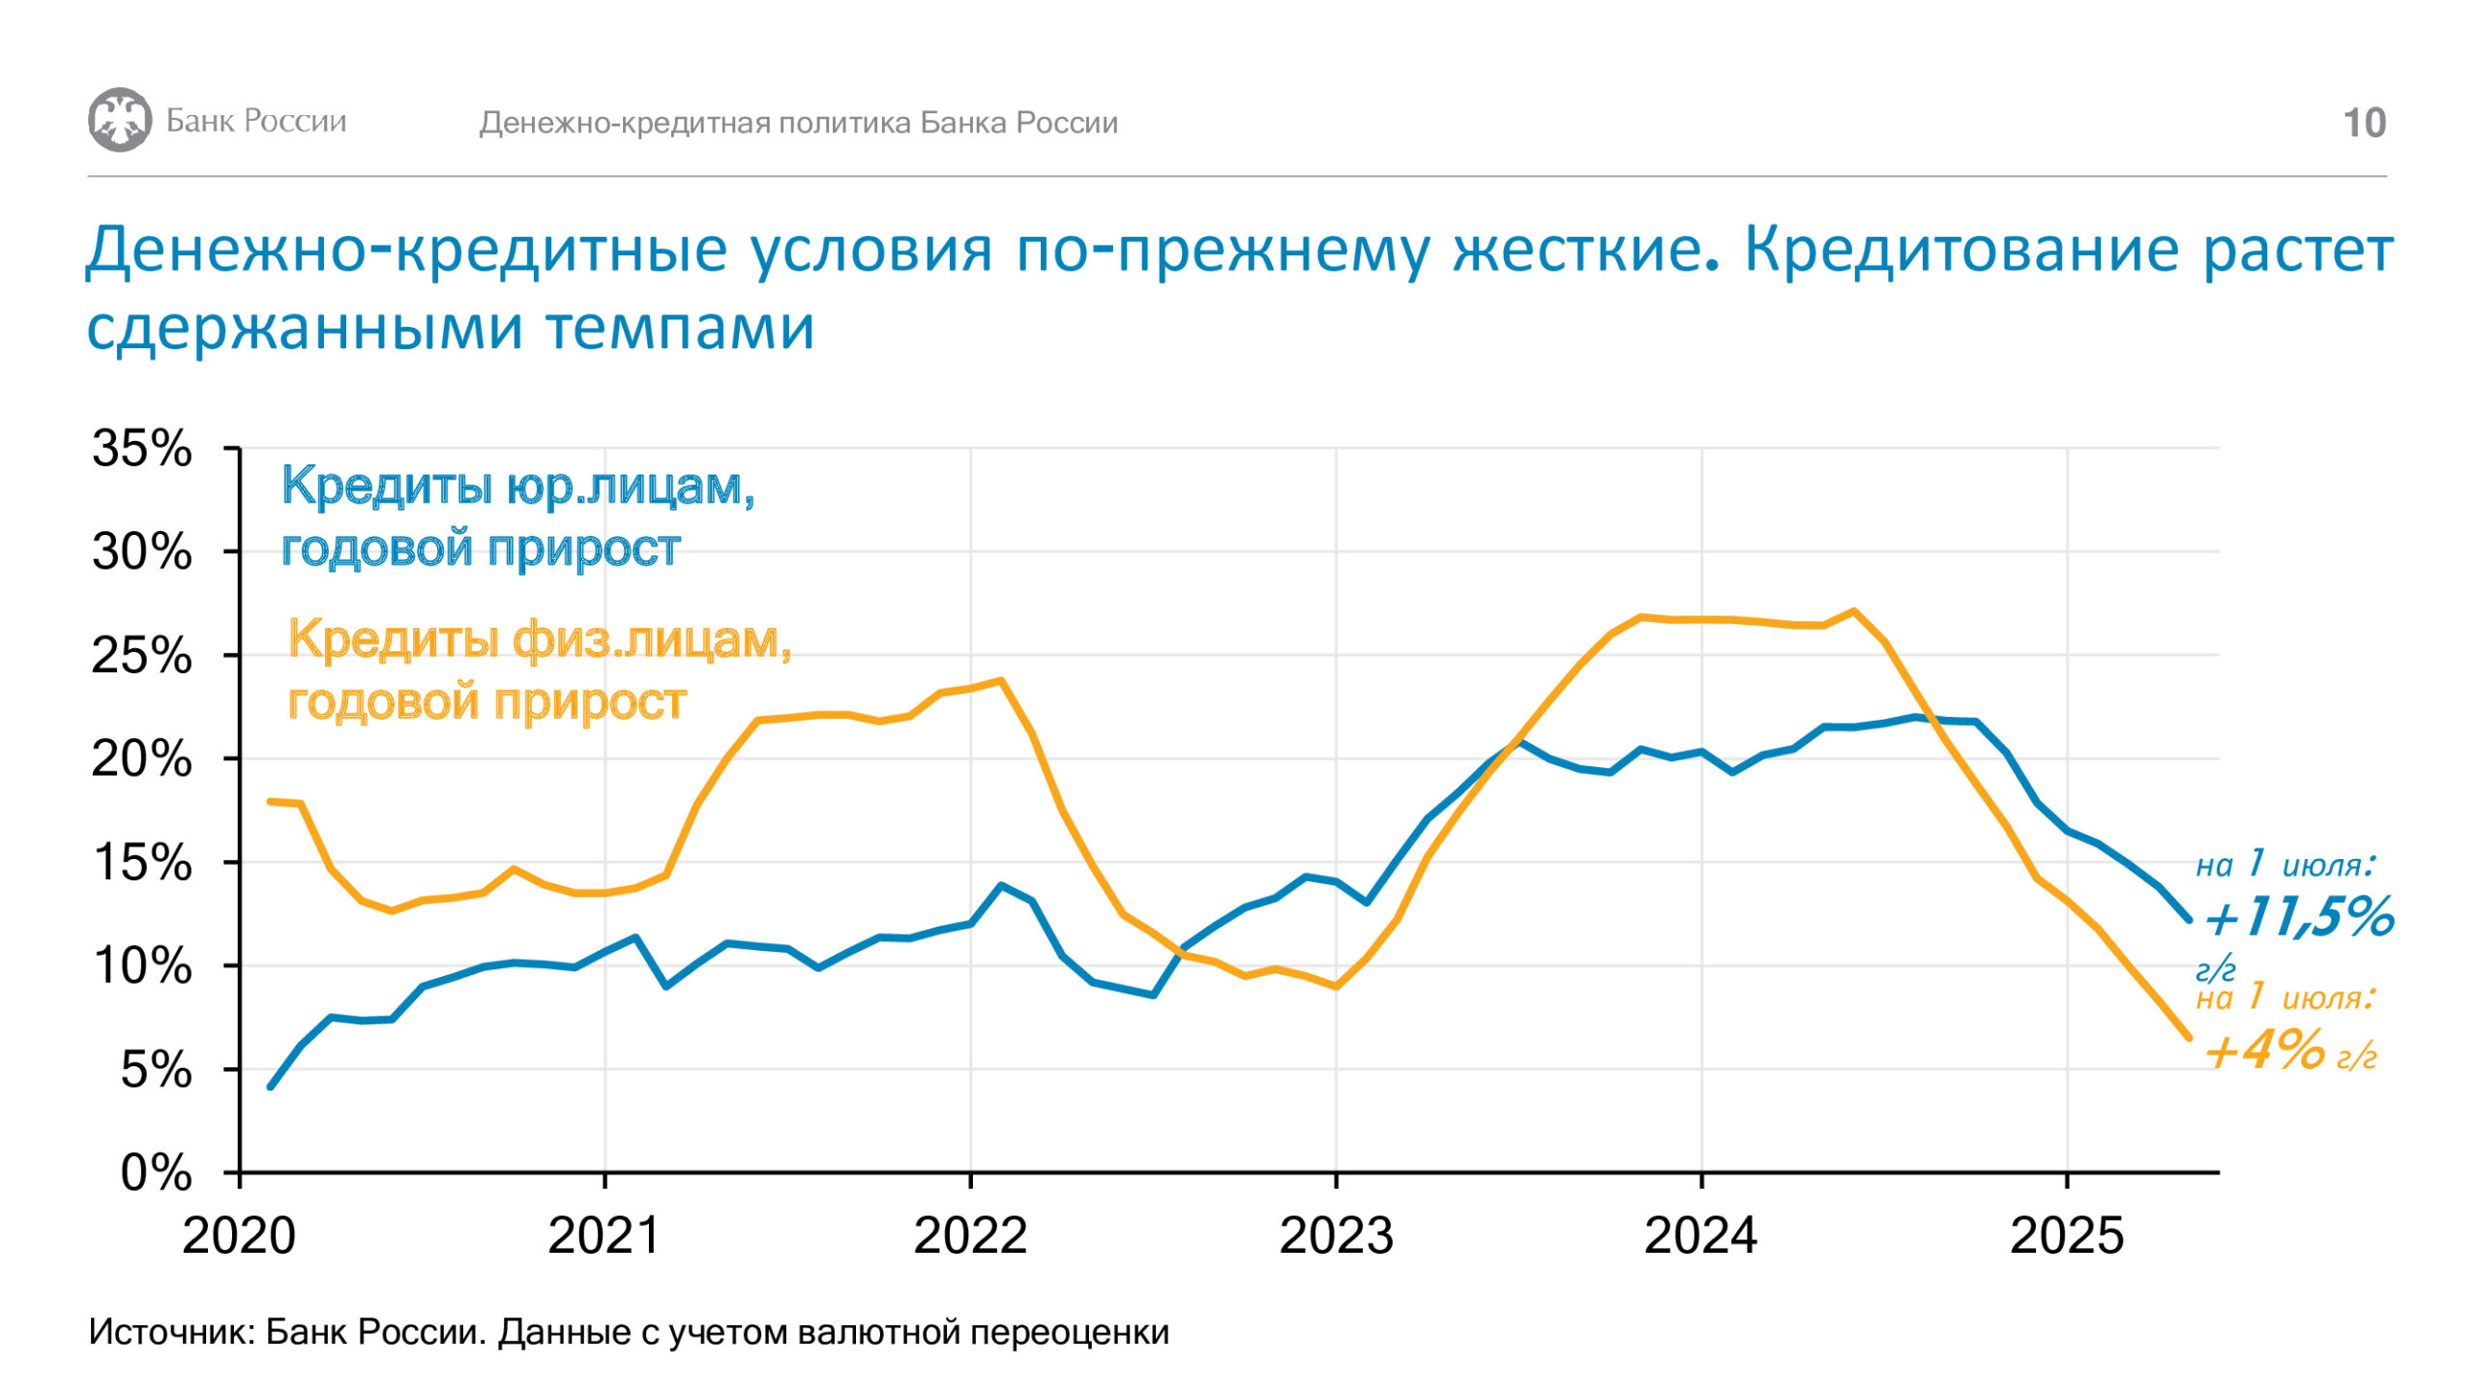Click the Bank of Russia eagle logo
click(x=120, y=120)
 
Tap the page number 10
click(x=2364, y=123)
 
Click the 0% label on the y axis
click(x=155, y=1172)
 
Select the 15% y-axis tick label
click(x=142, y=862)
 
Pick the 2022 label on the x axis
click(x=970, y=1235)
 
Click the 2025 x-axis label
click(x=2067, y=1235)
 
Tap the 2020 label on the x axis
click(x=239, y=1235)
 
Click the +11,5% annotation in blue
click(x=2298, y=916)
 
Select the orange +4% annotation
click(x=2264, y=1049)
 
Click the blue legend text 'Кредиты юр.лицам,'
click(x=518, y=487)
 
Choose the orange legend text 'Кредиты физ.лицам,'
click(x=540, y=640)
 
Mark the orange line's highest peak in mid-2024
click(x=1853, y=610)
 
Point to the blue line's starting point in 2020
click(x=271, y=1086)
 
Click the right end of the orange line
click(x=2189, y=1038)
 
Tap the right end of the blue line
click(x=2189, y=920)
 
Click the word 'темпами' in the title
click(x=681, y=327)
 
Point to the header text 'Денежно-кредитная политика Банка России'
click(x=799, y=123)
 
